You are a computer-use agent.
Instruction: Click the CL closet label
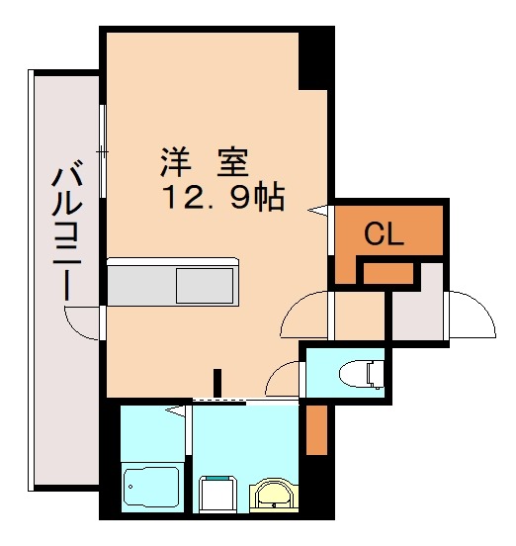385,234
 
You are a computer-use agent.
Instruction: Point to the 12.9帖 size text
223,197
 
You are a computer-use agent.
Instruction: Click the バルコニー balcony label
66,233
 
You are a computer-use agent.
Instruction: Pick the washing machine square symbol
217,493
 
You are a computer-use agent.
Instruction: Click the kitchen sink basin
205,288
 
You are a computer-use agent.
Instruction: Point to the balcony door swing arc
81,322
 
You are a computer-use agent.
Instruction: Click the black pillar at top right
317,58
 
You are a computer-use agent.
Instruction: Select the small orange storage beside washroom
315,428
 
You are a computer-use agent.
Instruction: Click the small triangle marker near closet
318,209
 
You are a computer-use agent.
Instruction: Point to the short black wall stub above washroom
217,382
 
